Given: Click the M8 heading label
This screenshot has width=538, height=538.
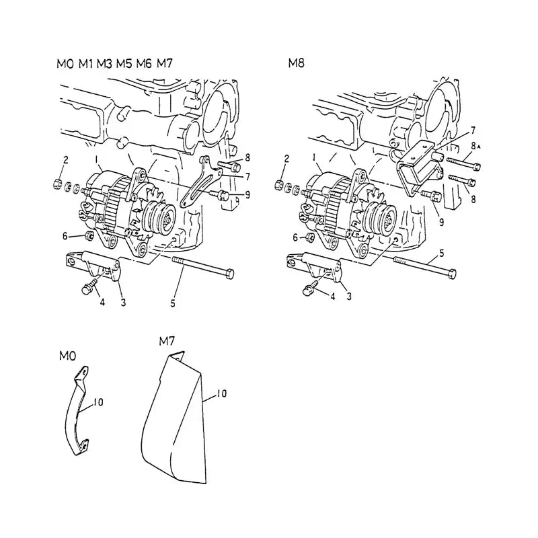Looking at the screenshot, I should pyautogui.click(x=296, y=64).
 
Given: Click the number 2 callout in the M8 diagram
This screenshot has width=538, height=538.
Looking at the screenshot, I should pyautogui.click(x=287, y=159).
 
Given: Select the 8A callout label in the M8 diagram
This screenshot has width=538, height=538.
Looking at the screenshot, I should pyautogui.click(x=475, y=146).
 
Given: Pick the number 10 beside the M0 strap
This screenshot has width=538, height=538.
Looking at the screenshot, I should pyautogui.click(x=98, y=402).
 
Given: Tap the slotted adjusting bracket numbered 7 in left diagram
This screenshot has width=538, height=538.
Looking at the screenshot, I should pyautogui.click(x=196, y=186).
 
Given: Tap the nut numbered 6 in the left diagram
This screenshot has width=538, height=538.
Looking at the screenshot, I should pyautogui.click(x=87, y=235).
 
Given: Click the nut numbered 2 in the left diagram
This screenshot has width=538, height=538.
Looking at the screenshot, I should pyautogui.click(x=57, y=183).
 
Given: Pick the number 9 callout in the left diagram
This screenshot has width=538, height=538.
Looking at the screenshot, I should pyautogui.click(x=248, y=195).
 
